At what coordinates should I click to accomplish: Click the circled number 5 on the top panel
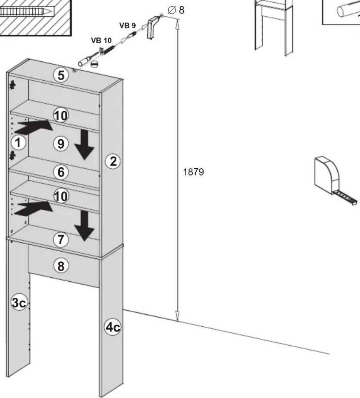[61, 75]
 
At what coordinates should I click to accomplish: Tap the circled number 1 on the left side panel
[18, 142]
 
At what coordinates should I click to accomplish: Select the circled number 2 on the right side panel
[113, 161]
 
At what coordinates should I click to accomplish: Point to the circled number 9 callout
[61, 144]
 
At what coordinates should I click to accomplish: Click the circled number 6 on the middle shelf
[61, 172]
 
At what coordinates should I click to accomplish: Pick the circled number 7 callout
[61, 240]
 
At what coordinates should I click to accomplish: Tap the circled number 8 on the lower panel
[61, 266]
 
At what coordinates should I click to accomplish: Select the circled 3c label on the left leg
[19, 302]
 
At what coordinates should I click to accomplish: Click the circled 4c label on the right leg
[113, 327]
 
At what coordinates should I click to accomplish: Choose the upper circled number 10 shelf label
[61, 116]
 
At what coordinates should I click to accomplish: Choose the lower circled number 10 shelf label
[61, 196]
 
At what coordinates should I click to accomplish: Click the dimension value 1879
[193, 172]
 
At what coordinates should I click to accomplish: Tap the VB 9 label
[127, 25]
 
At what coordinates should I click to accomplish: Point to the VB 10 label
[101, 40]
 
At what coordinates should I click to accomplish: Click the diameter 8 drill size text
[176, 10]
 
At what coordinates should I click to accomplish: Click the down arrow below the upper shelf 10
[84, 145]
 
